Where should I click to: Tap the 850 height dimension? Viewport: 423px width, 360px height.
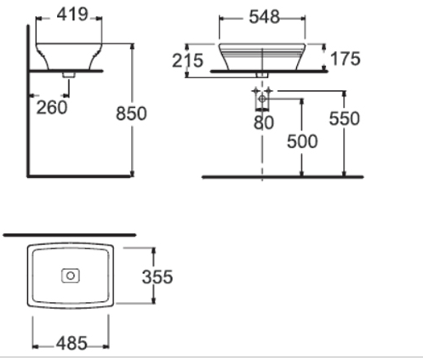click(131, 112)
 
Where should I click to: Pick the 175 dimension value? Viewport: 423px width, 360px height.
click(346, 59)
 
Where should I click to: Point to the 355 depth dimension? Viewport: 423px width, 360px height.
click(157, 277)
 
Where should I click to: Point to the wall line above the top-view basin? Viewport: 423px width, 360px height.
click(69, 231)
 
